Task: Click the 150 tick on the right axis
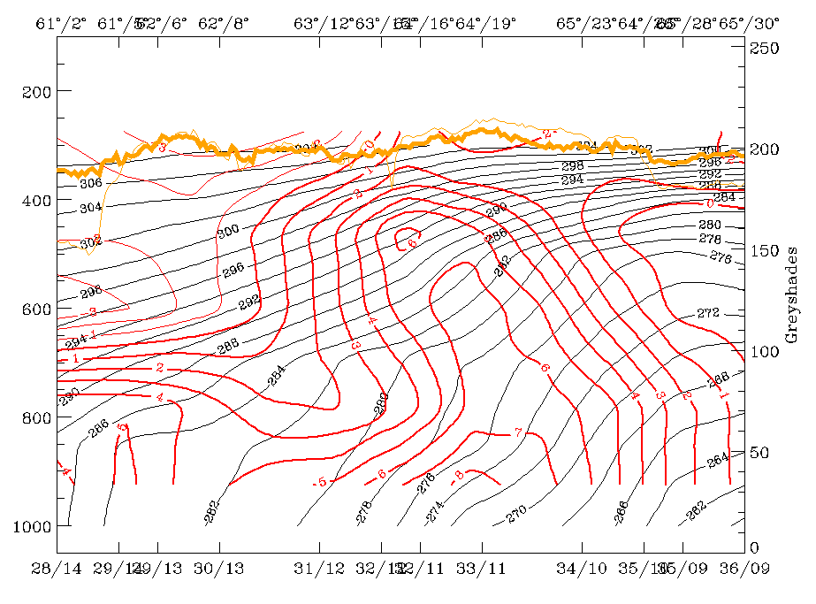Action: click(x=764, y=250)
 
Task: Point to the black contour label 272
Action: click(x=709, y=314)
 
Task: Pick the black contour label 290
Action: click(x=497, y=210)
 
